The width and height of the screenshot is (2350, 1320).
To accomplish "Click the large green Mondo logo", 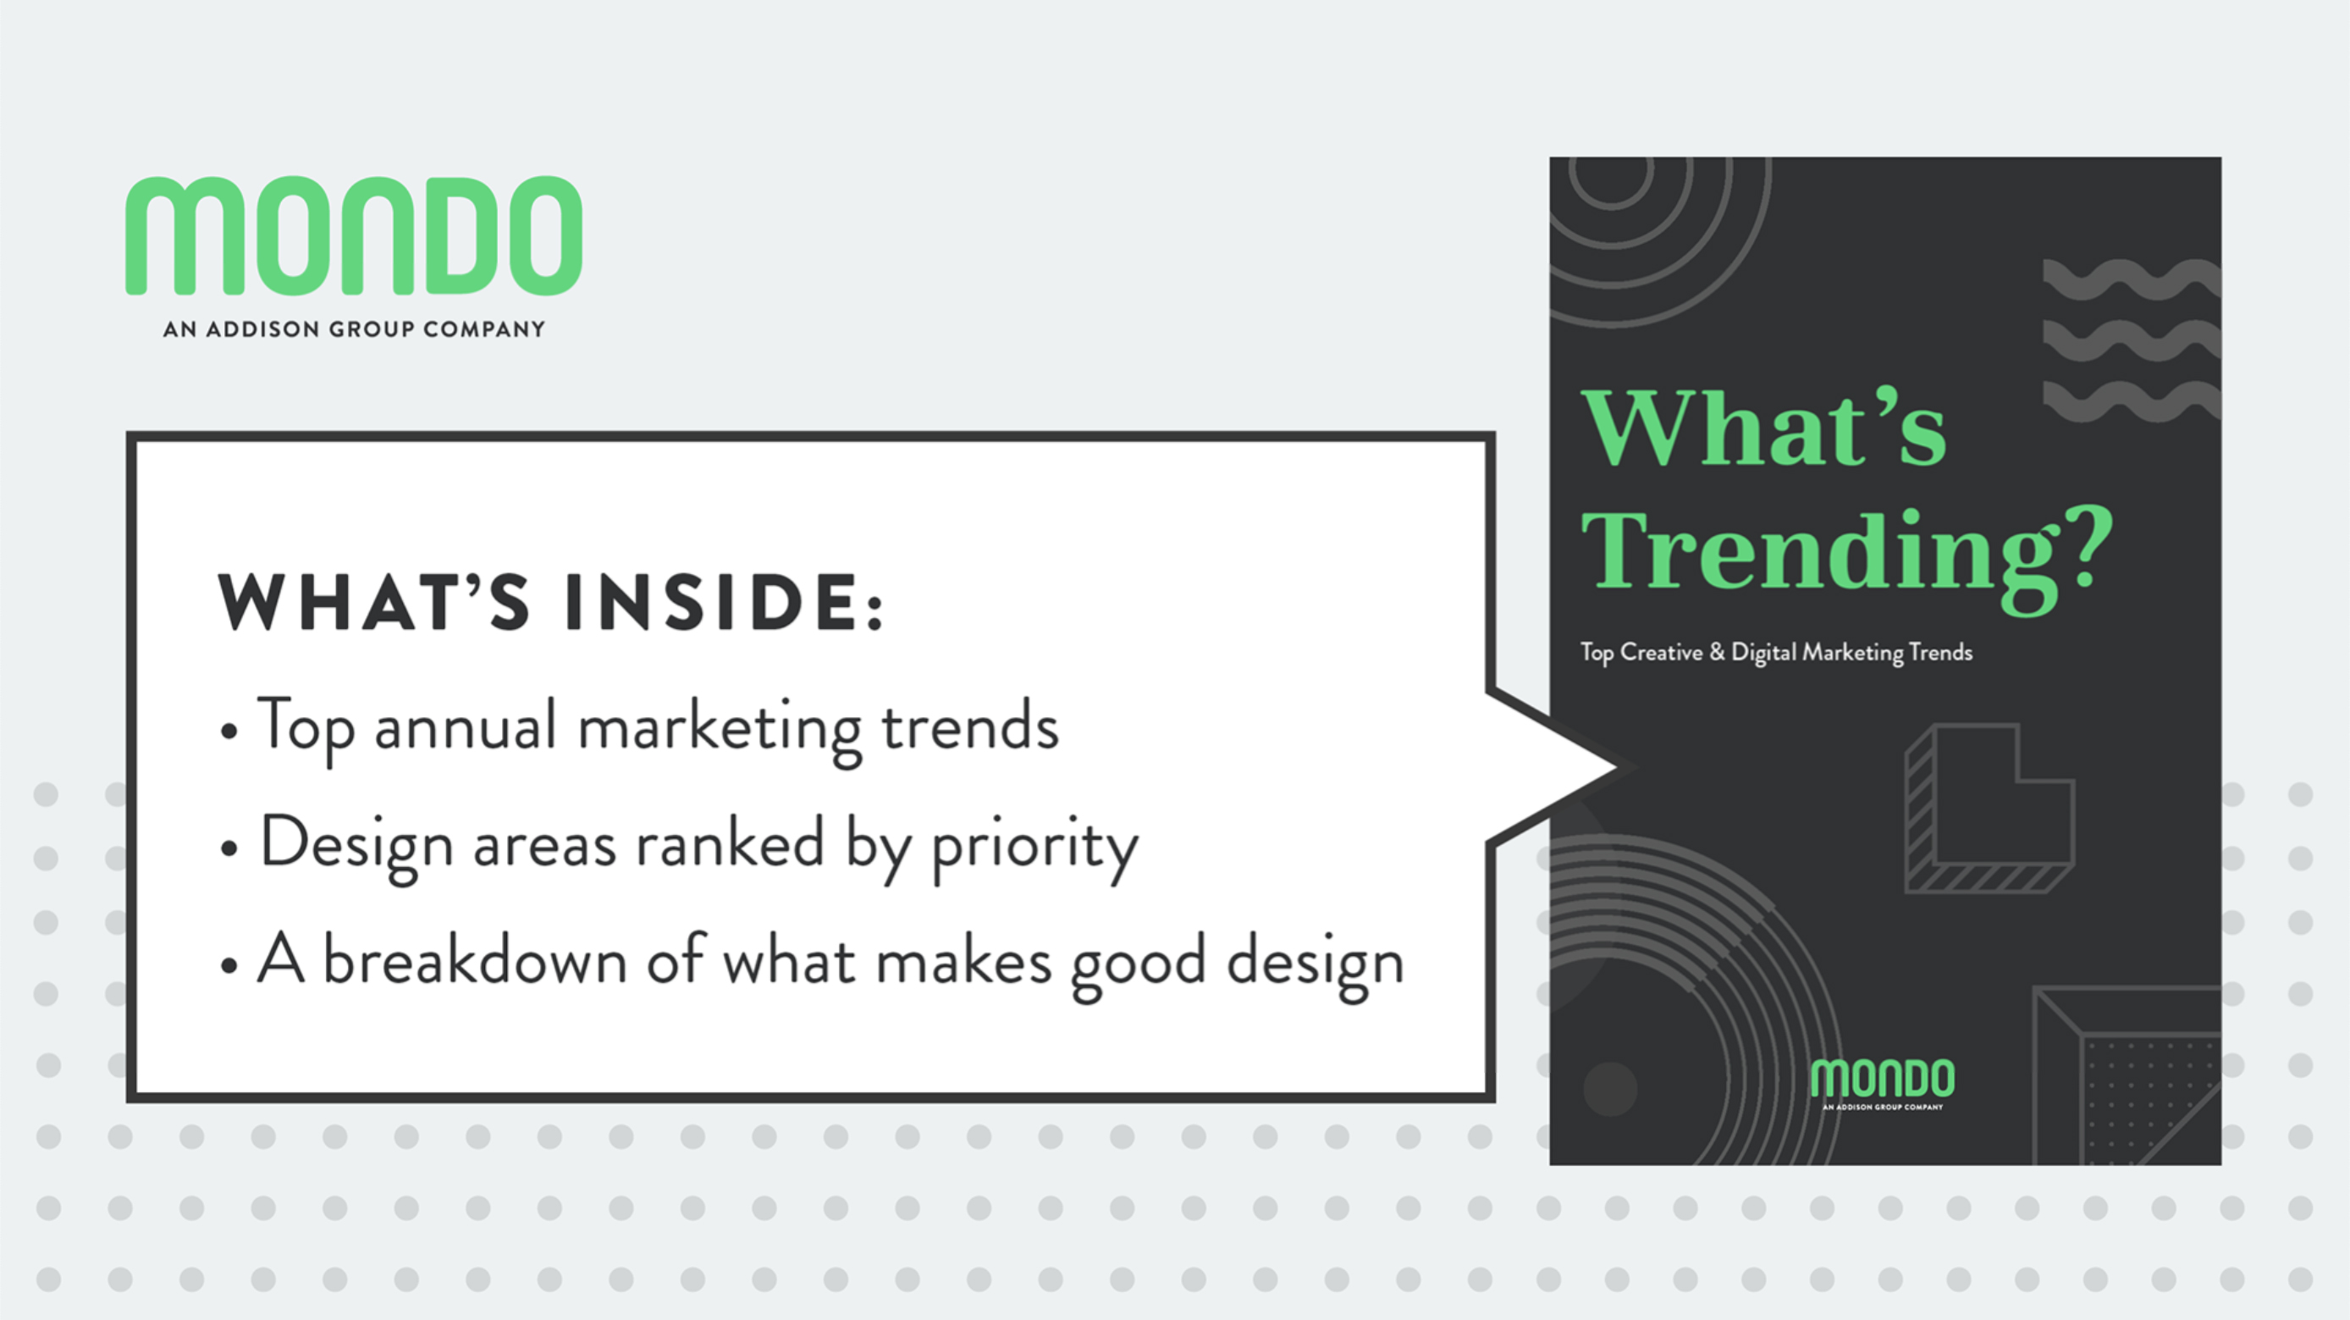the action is tap(354, 235).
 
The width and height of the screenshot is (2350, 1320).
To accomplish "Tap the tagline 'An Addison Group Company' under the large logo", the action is tap(354, 329).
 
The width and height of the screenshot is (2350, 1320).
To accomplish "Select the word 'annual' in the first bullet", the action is tap(466, 728).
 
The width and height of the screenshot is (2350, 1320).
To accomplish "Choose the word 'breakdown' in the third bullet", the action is tap(475, 961).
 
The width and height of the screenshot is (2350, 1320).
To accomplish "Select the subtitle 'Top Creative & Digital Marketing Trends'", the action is tap(1776, 653).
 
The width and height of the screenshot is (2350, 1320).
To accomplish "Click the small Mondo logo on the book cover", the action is tap(1883, 1084).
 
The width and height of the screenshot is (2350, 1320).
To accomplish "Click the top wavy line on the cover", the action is tap(2132, 279).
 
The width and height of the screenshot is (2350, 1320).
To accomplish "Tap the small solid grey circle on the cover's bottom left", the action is tap(1610, 1088).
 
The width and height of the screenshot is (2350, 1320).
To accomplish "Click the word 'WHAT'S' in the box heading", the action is tap(373, 602).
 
